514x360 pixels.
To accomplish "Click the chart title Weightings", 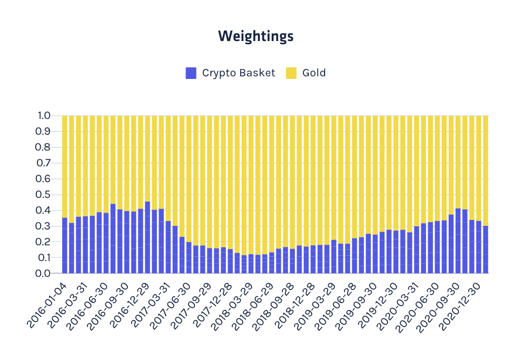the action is (256, 36).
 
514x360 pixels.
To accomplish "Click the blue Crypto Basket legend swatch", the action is (191, 73).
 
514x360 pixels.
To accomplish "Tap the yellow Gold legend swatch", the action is (291, 73).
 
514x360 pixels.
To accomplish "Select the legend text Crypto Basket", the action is (239, 73).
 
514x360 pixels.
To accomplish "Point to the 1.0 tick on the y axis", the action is (44, 116).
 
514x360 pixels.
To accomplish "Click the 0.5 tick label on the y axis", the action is (43, 195).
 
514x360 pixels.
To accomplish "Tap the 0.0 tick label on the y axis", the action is (43, 273).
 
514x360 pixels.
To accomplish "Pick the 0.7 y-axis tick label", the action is (43, 163).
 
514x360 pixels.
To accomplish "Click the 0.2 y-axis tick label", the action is (43, 242).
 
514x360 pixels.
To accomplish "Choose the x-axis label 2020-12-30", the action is (460, 306).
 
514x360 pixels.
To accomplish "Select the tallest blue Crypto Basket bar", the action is (147, 237).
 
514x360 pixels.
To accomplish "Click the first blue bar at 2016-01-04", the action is (65, 245).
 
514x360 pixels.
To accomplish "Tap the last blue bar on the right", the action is (486, 249).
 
